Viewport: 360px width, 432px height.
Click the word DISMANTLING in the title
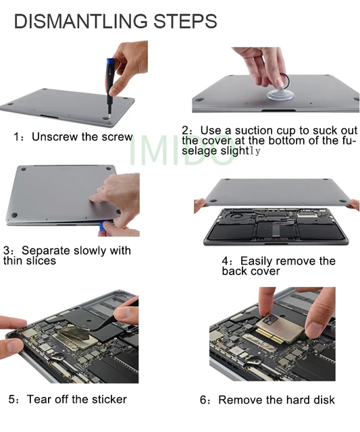[x=80, y=21]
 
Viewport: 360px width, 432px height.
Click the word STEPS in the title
[x=185, y=21]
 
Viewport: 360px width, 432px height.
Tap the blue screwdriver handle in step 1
[x=110, y=73]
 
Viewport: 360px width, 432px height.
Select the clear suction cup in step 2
[x=280, y=94]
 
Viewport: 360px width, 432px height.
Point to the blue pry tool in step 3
[x=104, y=227]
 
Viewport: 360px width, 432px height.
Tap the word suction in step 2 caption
[x=254, y=130]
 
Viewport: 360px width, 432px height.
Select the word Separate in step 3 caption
[x=46, y=251]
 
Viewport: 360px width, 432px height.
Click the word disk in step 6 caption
[x=324, y=400]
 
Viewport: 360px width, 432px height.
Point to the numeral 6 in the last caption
[x=203, y=400]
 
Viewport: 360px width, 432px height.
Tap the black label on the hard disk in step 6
[x=270, y=320]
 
